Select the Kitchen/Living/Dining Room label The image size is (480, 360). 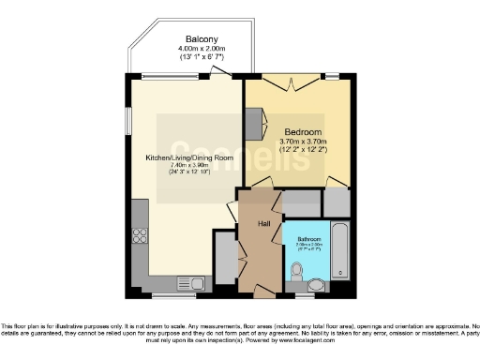point(182,157)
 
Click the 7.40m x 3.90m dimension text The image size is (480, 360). point(182,166)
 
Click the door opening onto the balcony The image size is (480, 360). point(221,78)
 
